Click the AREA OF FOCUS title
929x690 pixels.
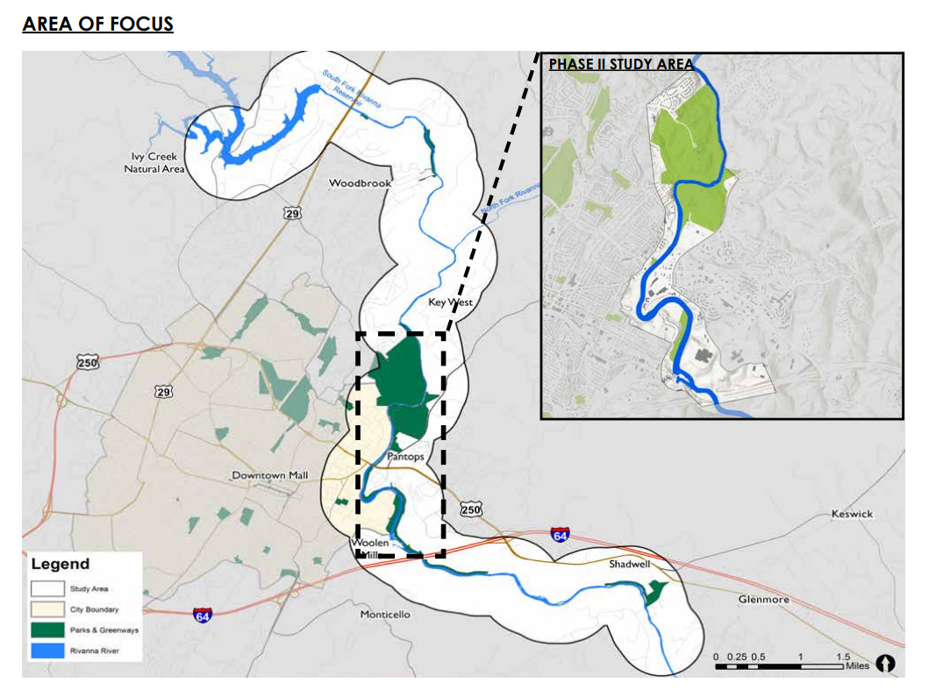pyautogui.click(x=97, y=24)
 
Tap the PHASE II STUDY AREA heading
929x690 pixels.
pyautogui.click(x=621, y=64)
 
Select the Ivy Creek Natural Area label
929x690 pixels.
pyautogui.click(x=154, y=162)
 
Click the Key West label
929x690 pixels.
pyautogui.click(x=450, y=302)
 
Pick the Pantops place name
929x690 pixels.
pyautogui.click(x=405, y=458)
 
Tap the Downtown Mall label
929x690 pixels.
pyautogui.click(x=270, y=475)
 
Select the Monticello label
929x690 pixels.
pyautogui.click(x=385, y=615)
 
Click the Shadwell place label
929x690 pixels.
pyautogui.click(x=630, y=565)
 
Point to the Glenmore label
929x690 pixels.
pyautogui.click(x=763, y=600)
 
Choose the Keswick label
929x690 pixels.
pyautogui.click(x=852, y=514)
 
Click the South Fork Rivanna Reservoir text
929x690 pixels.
pyautogui.click(x=352, y=89)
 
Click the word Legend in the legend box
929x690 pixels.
pyautogui.click(x=60, y=564)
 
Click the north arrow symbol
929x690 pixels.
pyautogui.click(x=885, y=665)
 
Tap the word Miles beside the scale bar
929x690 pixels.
pyautogui.click(x=857, y=667)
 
